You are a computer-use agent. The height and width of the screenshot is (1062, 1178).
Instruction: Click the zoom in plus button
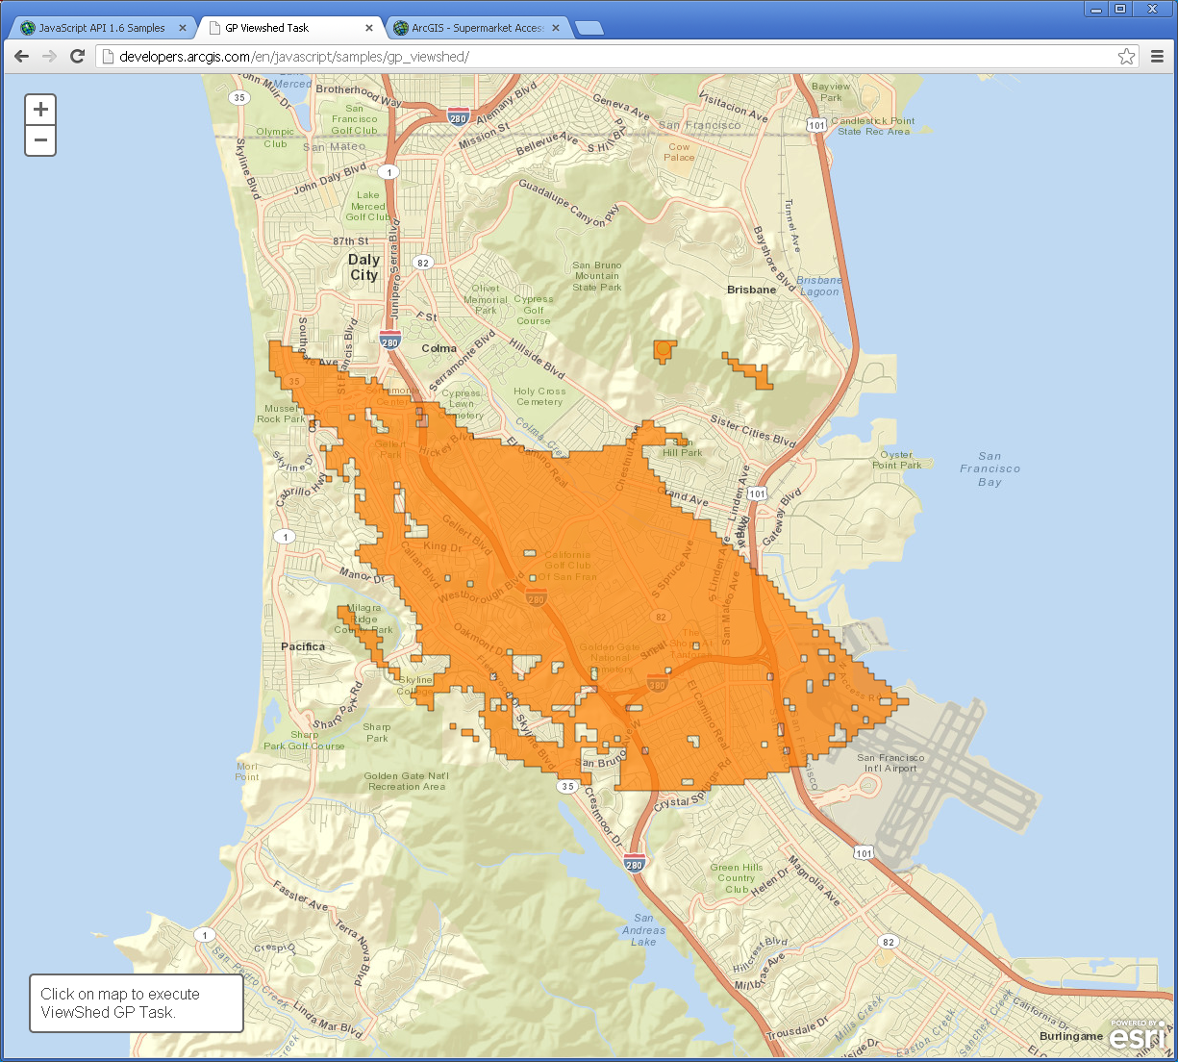tap(40, 110)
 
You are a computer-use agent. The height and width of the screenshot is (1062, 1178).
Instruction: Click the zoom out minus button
tap(40, 140)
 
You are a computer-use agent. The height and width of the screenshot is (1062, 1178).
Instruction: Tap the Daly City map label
tap(364, 266)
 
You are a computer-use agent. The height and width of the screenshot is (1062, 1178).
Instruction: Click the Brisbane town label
tap(751, 290)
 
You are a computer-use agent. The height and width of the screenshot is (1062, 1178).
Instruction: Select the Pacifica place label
tap(303, 646)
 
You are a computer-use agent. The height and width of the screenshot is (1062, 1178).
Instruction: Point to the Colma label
tap(439, 348)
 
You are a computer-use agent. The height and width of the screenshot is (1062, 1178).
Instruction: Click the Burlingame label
tap(1070, 1036)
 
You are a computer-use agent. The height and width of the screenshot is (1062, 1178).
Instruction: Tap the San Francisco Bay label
tap(990, 469)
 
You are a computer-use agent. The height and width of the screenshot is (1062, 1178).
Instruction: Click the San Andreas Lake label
tap(643, 930)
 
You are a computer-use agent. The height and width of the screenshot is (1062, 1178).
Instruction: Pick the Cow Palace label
tap(679, 152)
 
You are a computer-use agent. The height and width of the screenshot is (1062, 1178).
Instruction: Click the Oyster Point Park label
tap(896, 460)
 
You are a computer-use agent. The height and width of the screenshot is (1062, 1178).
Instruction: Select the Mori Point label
tap(247, 771)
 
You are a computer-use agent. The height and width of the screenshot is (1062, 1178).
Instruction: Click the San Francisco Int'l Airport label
tap(890, 763)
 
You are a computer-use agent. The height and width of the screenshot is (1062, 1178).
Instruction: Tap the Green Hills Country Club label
tap(736, 878)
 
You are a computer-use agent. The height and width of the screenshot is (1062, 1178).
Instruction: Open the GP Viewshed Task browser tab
tap(267, 28)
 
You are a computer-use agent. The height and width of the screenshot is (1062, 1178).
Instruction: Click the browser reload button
tap(78, 57)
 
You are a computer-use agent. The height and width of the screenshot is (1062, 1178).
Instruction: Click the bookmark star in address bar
tap(1126, 57)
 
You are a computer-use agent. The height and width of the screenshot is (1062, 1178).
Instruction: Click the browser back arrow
tap(22, 57)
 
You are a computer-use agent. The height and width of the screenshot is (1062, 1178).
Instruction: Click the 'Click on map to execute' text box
tap(136, 1003)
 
